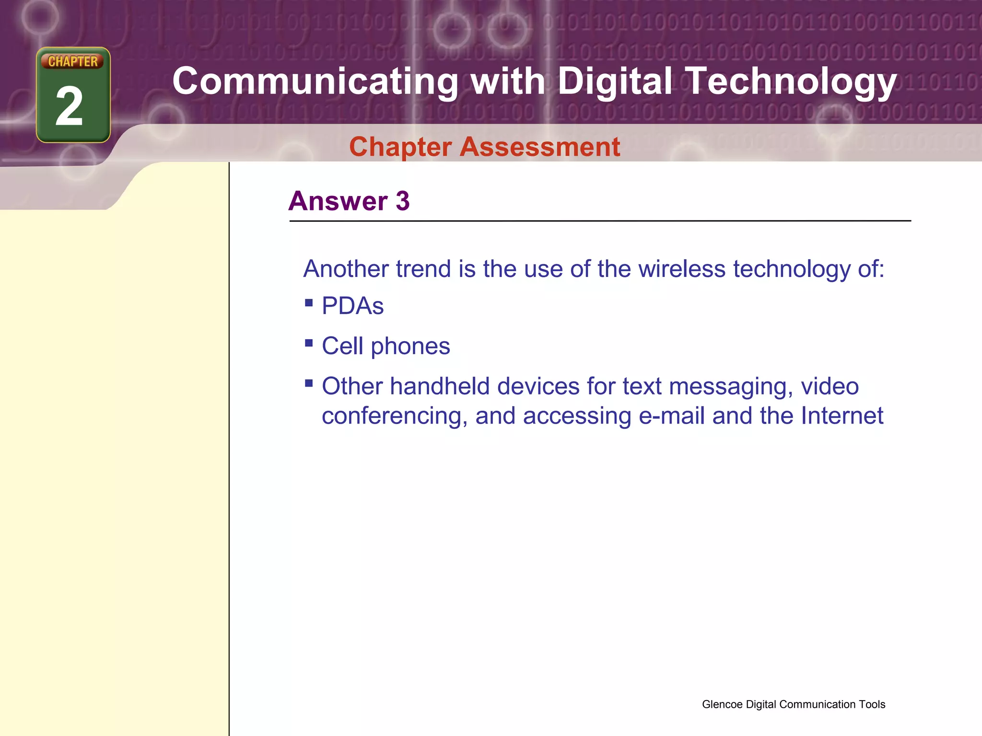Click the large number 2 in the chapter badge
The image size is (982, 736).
[70, 107]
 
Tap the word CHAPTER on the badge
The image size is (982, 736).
[73, 61]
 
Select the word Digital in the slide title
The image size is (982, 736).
[615, 81]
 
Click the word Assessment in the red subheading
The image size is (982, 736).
[540, 147]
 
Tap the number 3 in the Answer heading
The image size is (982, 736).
[403, 201]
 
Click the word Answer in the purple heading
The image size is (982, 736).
[338, 201]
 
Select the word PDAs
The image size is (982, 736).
[353, 306]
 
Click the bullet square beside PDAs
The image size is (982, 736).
[309, 303]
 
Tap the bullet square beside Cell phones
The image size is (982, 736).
[309, 343]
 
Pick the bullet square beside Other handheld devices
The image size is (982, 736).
[309, 383]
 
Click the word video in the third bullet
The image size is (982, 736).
[830, 386]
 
